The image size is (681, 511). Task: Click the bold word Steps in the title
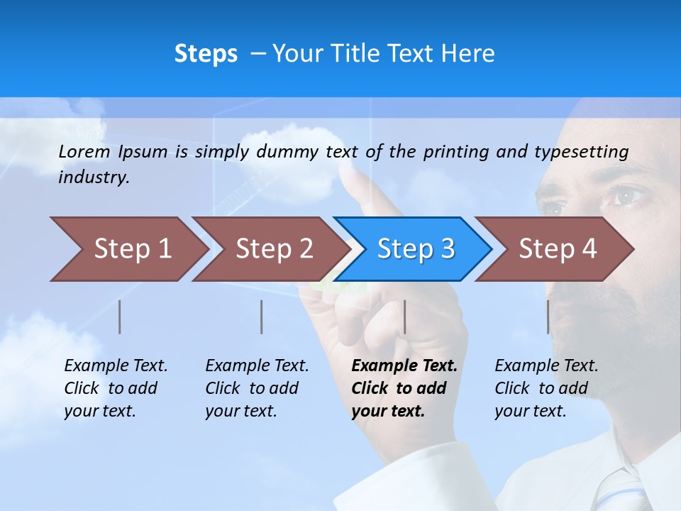[x=206, y=54]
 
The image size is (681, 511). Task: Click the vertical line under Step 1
[x=120, y=317]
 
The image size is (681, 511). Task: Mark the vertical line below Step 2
[x=262, y=317]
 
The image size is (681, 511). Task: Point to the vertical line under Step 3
[x=404, y=317]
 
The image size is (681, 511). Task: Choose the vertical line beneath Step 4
[x=548, y=317]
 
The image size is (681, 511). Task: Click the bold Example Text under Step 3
[x=404, y=366]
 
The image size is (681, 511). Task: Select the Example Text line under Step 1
[x=116, y=366]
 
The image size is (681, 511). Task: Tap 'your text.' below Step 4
[x=530, y=411]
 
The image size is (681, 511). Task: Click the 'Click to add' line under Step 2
[x=252, y=389]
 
